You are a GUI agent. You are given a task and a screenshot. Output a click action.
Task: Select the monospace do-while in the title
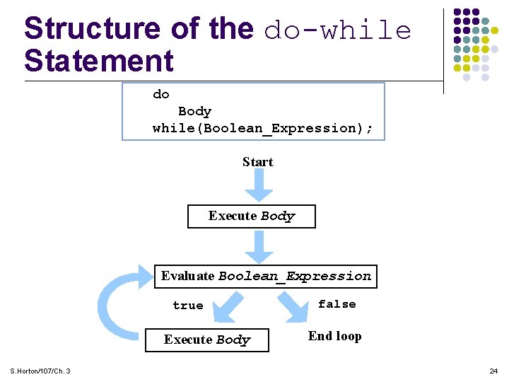pyautogui.click(x=337, y=30)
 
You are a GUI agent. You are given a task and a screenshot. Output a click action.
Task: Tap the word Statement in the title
pyautogui.click(x=98, y=60)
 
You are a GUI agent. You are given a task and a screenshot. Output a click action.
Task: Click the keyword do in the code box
pyautogui.click(x=161, y=94)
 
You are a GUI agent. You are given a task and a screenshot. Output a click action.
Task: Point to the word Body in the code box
pyautogui.click(x=194, y=111)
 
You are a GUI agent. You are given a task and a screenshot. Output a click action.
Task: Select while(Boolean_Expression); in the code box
pyautogui.click(x=262, y=128)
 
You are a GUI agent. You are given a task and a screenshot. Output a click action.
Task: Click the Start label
pyautogui.click(x=257, y=162)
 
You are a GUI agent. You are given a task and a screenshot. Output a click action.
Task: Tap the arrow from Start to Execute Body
pyautogui.click(x=259, y=186)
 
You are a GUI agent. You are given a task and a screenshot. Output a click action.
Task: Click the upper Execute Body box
pyautogui.click(x=251, y=216)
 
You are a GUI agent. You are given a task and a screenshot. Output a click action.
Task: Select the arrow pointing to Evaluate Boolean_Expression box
pyautogui.click(x=259, y=247)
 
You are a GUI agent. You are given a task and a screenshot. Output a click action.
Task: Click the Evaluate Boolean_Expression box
pyautogui.click(x=265, y=276)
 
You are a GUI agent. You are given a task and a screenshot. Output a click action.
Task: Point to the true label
pyautogui.click(x=187, y=306)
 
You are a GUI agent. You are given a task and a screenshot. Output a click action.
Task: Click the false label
pyautogui.click(x=337, y=304)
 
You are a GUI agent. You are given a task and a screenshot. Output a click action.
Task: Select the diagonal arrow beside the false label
pyautogui.click(x=292, y=306)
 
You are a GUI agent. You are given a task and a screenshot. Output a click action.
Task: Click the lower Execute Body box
pyautogui.click(x=207, y=340)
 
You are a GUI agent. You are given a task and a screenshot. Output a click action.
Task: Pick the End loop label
pyautogui.click(x=334, y=336)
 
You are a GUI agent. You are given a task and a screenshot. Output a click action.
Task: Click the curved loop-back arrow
pyautogui.click(x=117, y=304)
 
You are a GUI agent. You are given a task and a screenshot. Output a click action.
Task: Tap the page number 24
pyautogui.click(x=493, y=371)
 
